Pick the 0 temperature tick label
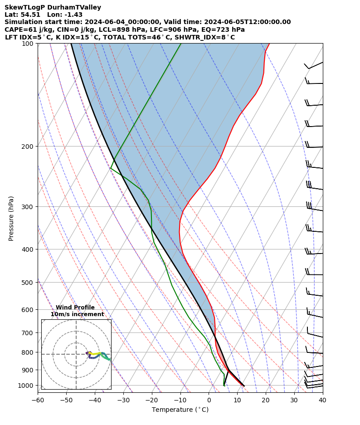(x=209, y=400)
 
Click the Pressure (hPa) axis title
(x=11, y=218)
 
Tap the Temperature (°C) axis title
(x=180, y=410)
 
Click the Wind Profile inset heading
(x=75, y=308)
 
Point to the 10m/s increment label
(x=77, y=314)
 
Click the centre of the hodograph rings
(x=76, y=354)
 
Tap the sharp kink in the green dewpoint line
(x=111, y=168)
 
